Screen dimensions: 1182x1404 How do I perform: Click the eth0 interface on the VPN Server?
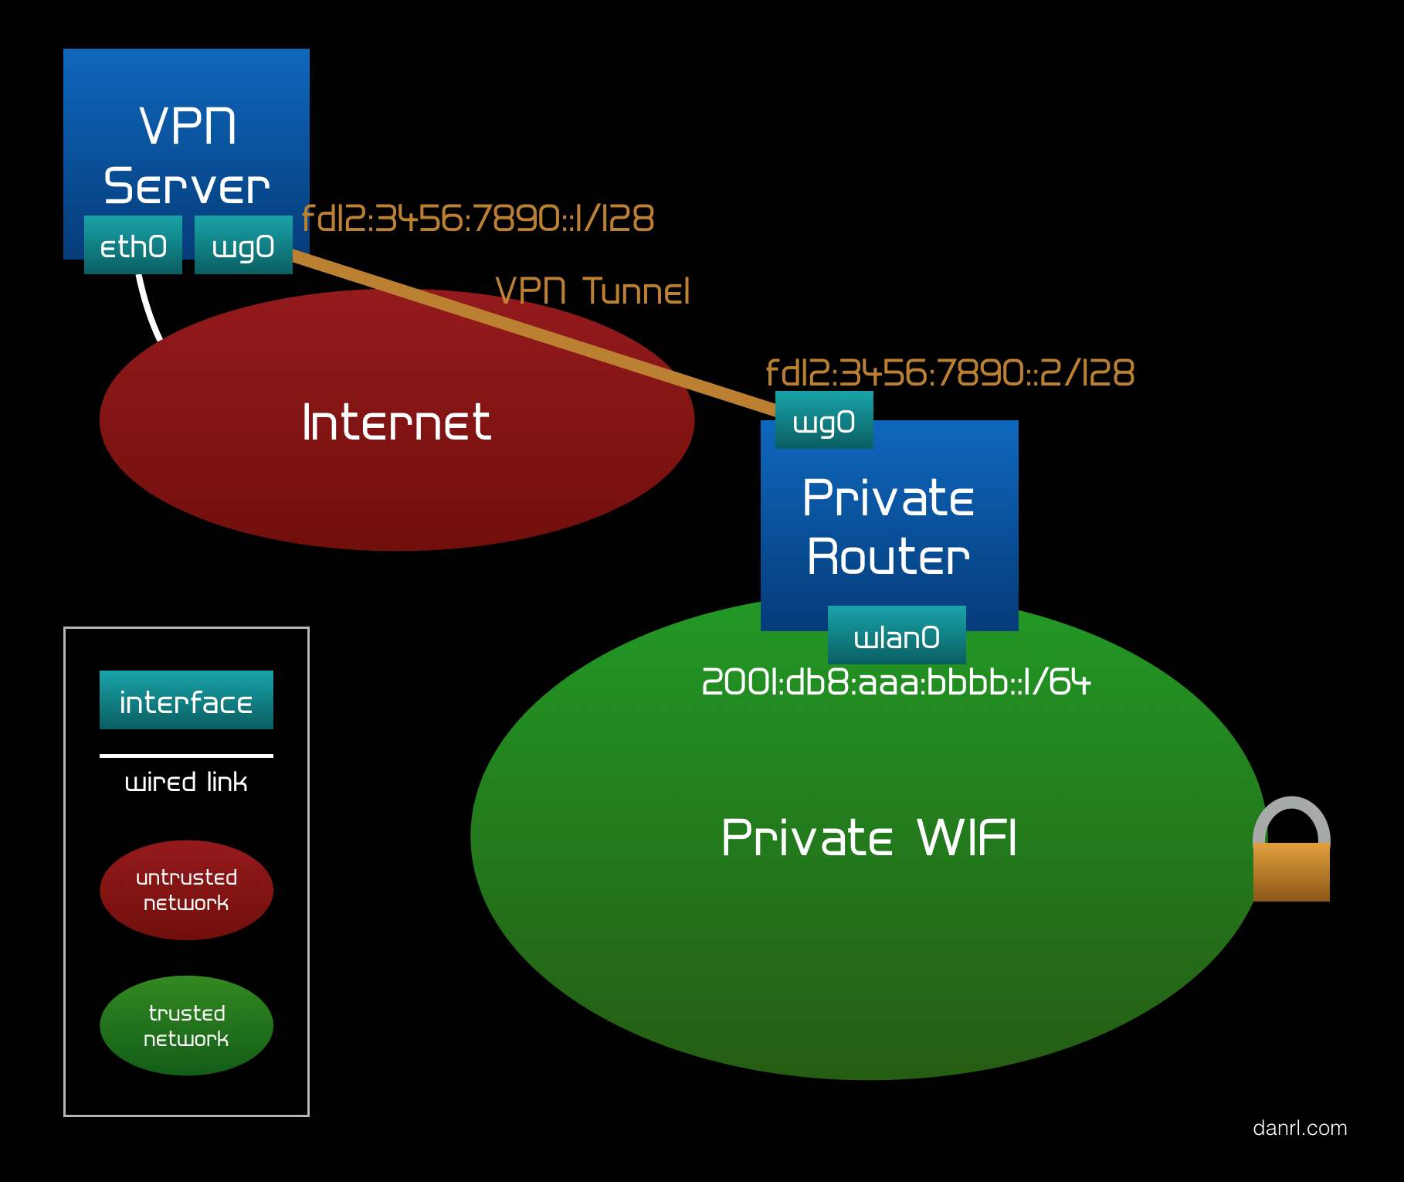(x=133, y=246)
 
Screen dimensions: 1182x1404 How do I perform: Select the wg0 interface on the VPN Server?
(x=243, y=246)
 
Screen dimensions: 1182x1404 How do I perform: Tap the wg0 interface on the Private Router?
(x=824, y=421)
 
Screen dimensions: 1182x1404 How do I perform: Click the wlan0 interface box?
(x=897, y=636)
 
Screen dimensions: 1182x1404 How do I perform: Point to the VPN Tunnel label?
(x=592, y=291)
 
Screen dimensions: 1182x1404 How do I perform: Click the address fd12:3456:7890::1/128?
(x=477, y=219)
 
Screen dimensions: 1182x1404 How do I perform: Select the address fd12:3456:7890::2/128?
(x=949, y=373)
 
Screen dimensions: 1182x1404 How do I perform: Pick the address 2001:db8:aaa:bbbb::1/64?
(x=896, y=683)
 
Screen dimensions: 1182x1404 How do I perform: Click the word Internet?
(x=396, y=423)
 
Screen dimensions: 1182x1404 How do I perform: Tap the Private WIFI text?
(x=869, y=838)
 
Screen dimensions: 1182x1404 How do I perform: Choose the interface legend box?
(x=186, y=700)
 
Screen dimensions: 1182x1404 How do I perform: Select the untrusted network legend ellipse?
(x=186, y=890)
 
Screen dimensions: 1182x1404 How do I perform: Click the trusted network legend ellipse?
(x=186, y=1025)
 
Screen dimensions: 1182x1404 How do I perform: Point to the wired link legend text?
(x=186, y=783)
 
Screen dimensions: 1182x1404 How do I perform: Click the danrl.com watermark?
(x=1300, y=1128)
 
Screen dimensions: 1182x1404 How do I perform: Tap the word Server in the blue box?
(x=186, y=187)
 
